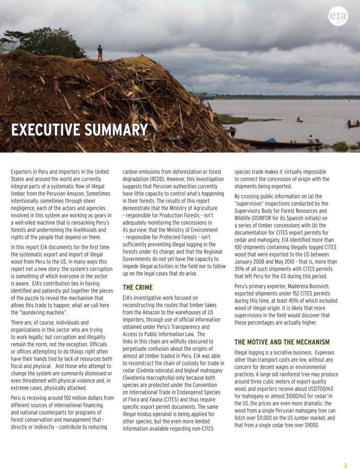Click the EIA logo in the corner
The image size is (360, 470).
click(x=337, y=17)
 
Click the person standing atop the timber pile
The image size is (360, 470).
click(x=100, y=52)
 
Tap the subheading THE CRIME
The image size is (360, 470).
click(x=138, y=287)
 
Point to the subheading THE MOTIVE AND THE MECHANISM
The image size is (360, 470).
click(x=282, y=342)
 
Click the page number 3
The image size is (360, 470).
click(x=345, y=465)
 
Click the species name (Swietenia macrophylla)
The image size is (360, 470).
click(x=153, y=377)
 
